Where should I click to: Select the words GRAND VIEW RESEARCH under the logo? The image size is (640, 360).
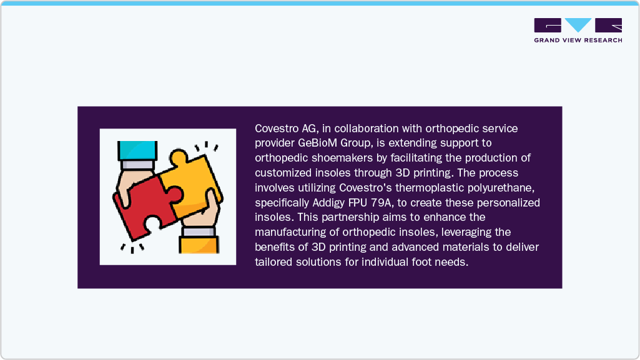578,41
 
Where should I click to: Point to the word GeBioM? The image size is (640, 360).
318,142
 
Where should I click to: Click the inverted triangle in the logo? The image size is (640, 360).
579,25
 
